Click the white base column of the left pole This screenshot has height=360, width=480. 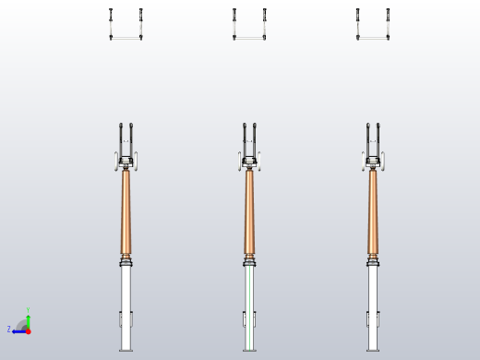(126, 295)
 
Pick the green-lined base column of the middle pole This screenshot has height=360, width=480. (249, 295)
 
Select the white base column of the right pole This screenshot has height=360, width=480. (373, 295)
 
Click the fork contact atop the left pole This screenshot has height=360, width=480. (126, 140)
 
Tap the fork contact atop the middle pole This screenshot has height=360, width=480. (250, 140)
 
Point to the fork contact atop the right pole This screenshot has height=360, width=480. (373, 140)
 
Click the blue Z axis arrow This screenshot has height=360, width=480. (18, 330)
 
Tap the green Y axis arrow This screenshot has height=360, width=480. (28, 319)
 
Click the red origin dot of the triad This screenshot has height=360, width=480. (28, 330)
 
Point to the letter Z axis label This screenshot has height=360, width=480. (9, 330)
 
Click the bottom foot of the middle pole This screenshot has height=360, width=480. (249, 349)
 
